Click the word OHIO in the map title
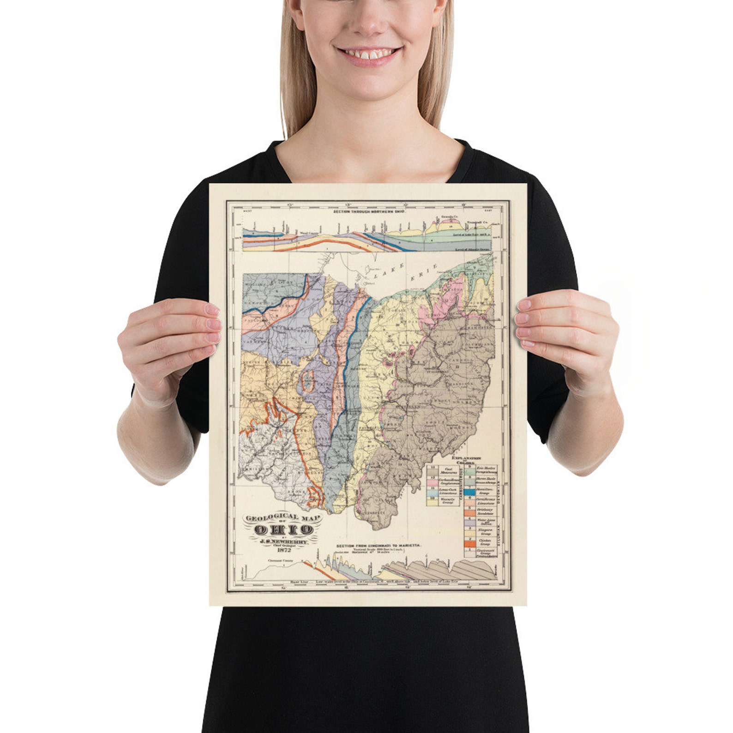(x=284, y=529)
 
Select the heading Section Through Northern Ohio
(x=369, y=212)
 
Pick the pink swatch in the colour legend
(x=433, y=481)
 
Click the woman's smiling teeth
(x=368, y=54)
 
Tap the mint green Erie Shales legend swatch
(x=469, y=471)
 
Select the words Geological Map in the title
(x=283, y=517)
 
